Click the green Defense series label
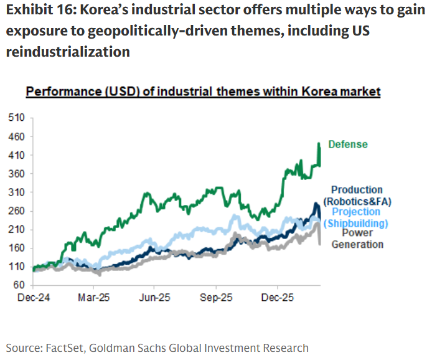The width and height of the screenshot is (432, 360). [x=348, y=144]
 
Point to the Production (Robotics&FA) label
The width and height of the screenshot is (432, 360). [x=357, y=196]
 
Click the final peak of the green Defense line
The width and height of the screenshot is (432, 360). [x=319, y=144]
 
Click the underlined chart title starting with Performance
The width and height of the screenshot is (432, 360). [x=203, y=92]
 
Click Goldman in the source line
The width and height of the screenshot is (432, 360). [x=121, y=348]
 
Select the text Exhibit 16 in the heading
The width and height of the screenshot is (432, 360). [x=37, y=11]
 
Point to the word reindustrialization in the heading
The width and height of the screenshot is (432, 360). [x=68, y=51]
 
